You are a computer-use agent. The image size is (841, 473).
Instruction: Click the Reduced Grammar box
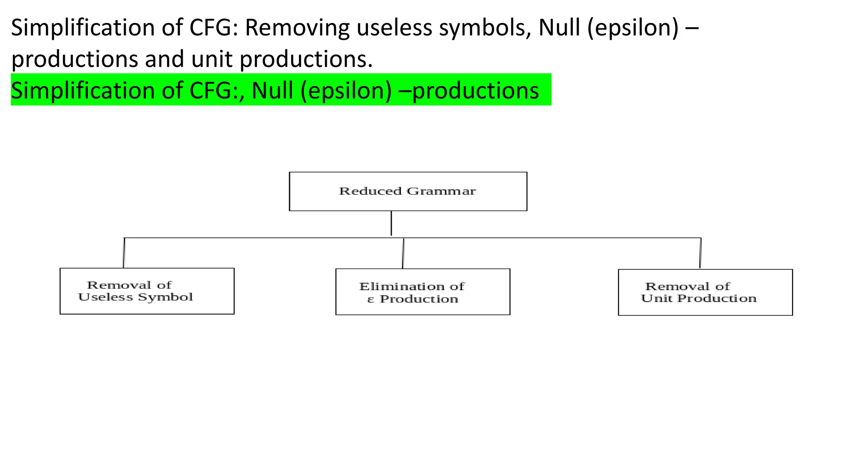pyautogui.click(x=408, y=191)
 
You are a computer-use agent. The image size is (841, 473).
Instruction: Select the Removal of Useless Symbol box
pyautogui.click(x=147, y=291)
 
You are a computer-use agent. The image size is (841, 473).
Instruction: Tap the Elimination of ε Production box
pyautogui.click(x=423, y=292)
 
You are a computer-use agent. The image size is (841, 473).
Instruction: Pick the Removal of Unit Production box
pyautogui.click(x=705, y=292)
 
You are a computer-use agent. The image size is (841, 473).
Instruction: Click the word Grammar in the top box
pyautogui.click(x=441, y=191)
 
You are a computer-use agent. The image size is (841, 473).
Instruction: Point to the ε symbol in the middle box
pyautogui.click(x=370, y=300)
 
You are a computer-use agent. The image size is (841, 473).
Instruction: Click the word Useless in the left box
pyautogui.click(x=106, y=297)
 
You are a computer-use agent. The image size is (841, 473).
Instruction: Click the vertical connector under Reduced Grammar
pyautogui.click(x=391, y=224)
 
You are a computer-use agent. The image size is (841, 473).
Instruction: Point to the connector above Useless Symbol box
pyautogui.click(x=124, y=253)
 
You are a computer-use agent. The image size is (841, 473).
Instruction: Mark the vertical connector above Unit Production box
pyautogui.click(x=700, y=253)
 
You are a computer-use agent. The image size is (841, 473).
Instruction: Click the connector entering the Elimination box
pyautogui.click(x=403, y=253)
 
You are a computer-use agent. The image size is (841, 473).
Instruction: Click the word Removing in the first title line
pyautogui.click(x=298, y=28)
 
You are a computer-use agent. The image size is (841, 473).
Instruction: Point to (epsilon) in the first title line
pyautogui.click(x=633, y=28)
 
